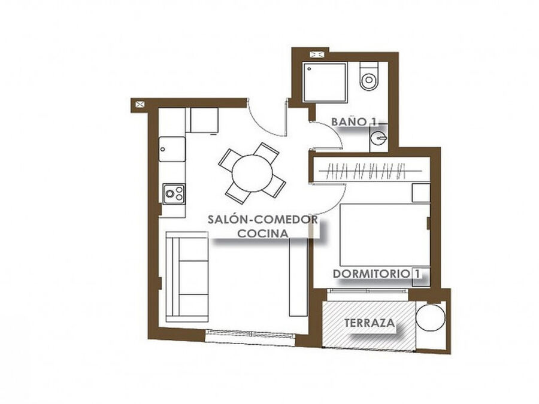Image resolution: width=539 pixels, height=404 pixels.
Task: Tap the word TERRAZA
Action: point(370,323)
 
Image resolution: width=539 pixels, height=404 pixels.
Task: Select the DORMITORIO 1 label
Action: point(377,274)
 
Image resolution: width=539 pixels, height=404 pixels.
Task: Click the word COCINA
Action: point(263,233)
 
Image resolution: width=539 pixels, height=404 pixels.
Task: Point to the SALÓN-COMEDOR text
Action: point(263,220)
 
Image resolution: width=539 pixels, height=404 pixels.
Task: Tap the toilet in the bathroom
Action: point(369,76)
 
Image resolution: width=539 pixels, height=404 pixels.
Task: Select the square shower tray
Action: point(325,82)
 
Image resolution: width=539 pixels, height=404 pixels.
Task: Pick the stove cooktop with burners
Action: point(174,194)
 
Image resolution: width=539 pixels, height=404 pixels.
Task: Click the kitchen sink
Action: point(172,149)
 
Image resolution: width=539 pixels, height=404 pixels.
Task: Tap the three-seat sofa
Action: point(187,277)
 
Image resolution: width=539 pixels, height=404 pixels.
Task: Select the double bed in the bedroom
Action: point(384,235)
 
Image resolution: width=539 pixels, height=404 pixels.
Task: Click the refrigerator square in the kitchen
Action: point(204,120)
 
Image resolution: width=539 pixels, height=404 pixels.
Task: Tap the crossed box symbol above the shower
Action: point(316,54)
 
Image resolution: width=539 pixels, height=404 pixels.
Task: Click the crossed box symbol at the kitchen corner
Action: point(140,104)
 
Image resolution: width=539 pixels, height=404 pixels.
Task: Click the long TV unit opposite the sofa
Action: point(298,277)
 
